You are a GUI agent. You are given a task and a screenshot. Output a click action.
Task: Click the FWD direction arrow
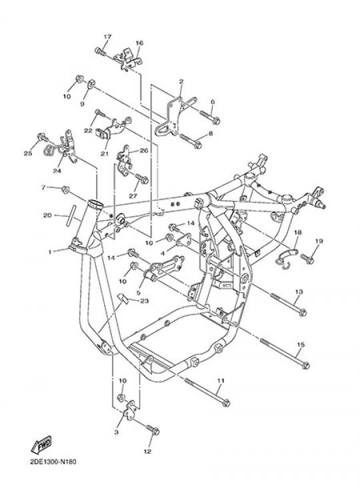pyautogui.click(x=41, y=446)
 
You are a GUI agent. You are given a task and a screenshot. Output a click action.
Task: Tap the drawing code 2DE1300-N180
pyautogui.click(x=53, y=462)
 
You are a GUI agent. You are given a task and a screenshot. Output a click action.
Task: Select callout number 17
pyautogui.click(x=107, y=37)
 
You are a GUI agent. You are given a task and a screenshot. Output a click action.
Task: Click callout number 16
pyautogui.click(x=139, y=43)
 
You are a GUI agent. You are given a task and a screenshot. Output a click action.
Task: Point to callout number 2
pyautogui.click(x=181, y=82)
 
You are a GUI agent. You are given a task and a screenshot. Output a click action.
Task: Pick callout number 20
pyautogui.click(x=47, y=215)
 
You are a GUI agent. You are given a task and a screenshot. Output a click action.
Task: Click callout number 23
pyautogui.click(x=145, y=300)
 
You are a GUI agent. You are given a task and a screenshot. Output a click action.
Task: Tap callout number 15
pyautogui.click(x=301, y=344)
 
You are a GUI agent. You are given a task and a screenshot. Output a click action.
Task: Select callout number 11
pyautogui.click(x=221, y=380)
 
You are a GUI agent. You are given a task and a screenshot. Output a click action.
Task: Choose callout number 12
pyautogui.click(x=147, y=452)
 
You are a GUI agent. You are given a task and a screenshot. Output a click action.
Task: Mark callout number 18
pyautogui.click(x=297, y=232)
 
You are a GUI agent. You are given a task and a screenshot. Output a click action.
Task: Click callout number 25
pyautogui.click(x=28, y=153)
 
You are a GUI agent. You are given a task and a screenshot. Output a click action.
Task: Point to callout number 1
pyautogui.click(x=50, y=252)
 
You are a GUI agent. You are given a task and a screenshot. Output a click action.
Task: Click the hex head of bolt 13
pyautogui.click(x=303, y=312)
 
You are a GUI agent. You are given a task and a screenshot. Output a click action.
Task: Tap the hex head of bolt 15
pyautogui.click(x=305, y=366)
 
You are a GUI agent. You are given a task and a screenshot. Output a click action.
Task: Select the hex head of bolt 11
pyautogui.click(x=226, y=403)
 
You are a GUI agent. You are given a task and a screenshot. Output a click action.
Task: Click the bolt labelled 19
pyautogui.click(x=307, y=259)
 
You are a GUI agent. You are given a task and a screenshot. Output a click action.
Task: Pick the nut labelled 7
pyautogui.click(x=66, y=190)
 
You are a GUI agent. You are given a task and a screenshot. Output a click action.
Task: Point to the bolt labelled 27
pyautogui.click(x=142, y=178)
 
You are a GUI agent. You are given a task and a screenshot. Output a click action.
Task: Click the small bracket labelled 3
pyautogui.click(x=130, y=411)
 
